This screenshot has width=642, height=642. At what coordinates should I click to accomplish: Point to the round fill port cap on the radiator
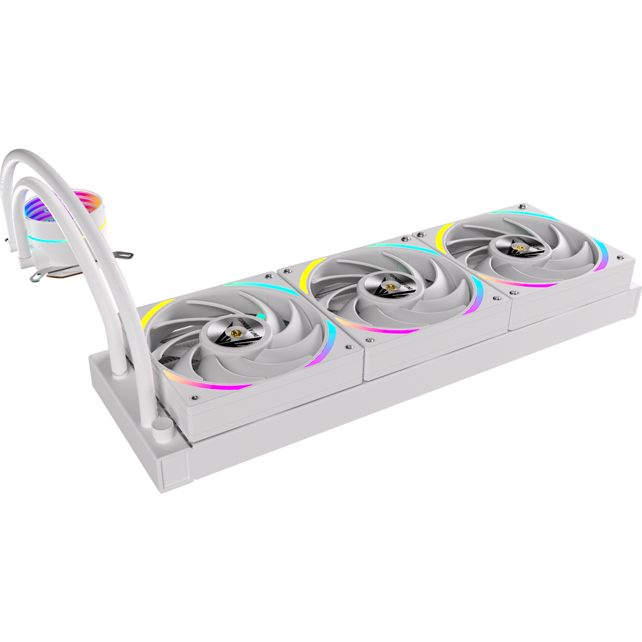pos(160,426)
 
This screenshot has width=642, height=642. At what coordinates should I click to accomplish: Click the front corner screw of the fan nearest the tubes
pos(193,398)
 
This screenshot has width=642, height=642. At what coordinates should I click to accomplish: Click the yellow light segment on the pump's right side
pos(102,225)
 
